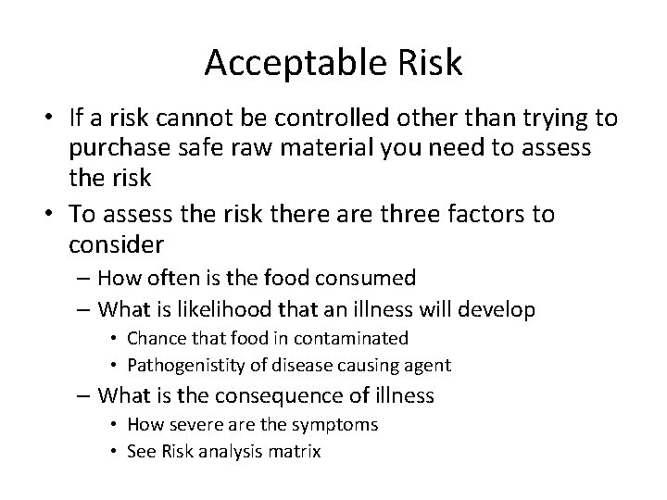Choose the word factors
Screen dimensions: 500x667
point(509,216)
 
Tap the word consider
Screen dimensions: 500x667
point(116,244)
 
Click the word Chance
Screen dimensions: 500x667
point(156,339)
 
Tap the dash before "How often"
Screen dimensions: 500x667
point(83,278)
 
